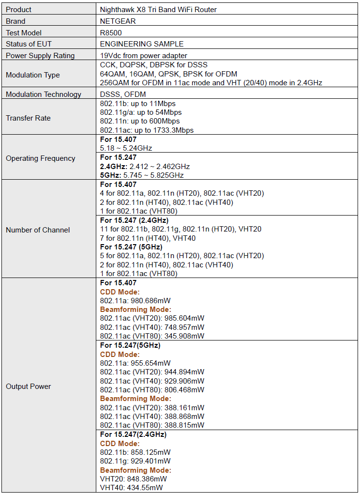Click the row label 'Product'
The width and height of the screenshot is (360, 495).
tap(18, 9)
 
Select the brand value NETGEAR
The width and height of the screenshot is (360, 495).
tap(118, 21)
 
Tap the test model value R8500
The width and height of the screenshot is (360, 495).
tap(111, 32)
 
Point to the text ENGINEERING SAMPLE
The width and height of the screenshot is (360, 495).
tap(142, 44)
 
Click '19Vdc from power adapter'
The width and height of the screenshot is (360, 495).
tap(144, 56)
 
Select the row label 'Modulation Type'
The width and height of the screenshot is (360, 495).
tap(33, 75)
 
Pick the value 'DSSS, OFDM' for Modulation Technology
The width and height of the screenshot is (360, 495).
tap(123, 94)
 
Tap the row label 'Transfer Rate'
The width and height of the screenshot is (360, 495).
tap(28, 118)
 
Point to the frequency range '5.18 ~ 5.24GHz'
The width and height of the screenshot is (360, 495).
tap(126, 148)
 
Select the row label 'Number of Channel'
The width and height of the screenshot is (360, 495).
tap(38, 230)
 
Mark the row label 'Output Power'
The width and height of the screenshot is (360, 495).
tap(28, 386)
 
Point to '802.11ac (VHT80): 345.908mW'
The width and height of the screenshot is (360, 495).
tap(152, 336)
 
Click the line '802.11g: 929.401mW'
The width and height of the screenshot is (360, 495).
tap(135, 461)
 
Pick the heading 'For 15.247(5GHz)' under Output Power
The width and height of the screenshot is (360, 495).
tap(130, 345)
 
